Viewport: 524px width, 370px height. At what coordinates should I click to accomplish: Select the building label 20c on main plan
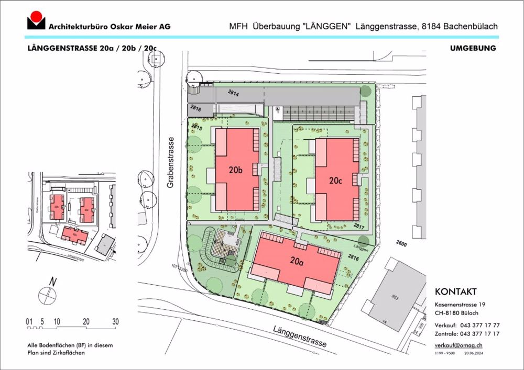pos(336,181)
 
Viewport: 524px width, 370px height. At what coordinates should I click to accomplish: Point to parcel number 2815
pos(197,127)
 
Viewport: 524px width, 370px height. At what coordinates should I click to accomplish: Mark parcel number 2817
pos(359,227)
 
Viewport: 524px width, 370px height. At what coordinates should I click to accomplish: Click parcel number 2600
pos(402,244)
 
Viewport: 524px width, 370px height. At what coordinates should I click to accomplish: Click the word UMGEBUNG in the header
pos(473,48)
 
